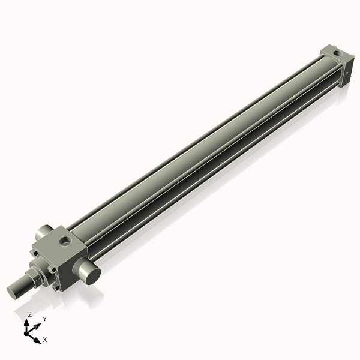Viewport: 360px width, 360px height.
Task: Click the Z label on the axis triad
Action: pyautogui.click(x=29, y=315)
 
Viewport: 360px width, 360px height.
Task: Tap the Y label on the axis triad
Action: pyautogui.click(x=44, y=319)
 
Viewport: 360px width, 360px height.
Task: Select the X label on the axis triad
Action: pyautogui.click(x=44, y=340)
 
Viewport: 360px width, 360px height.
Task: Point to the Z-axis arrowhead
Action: pyautogui.click(x=29, y=322)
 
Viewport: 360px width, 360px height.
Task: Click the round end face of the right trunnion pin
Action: pyautogui.click(x=91, y=275)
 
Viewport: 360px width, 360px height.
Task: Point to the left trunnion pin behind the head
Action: pyautogui.click(x=43, y=231)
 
